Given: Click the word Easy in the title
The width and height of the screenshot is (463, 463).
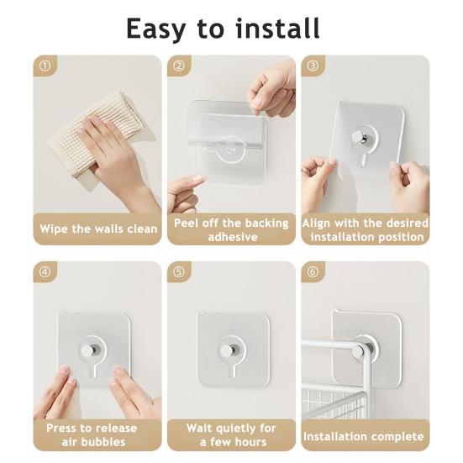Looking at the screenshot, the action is click(156, 29).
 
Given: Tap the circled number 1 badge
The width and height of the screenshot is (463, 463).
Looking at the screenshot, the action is click(45, 66).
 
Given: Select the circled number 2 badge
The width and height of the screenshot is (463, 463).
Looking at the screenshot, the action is click(179, 66).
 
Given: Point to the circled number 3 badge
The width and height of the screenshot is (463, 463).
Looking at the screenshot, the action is click(313, 66).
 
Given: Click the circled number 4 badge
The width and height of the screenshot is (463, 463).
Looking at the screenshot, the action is click(45, 271).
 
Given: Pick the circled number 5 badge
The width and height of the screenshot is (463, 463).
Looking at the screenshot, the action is click(179, 271).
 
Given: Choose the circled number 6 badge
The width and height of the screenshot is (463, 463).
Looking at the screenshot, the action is click(313, 271).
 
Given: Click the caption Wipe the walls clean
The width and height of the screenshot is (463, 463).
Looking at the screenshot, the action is click(98, 229).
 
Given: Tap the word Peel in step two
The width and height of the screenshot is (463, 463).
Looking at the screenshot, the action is click(186, 223).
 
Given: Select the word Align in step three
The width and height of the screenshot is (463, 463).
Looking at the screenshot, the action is click(316, 224).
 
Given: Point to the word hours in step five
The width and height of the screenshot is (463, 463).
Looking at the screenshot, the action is click(250, 442).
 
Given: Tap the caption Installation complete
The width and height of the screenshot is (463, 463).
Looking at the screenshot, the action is click(364, 436).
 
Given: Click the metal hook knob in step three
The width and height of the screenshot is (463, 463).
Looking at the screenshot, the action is click(360, 138).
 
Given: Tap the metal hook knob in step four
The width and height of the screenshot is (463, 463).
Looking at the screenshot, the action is click(89, 350).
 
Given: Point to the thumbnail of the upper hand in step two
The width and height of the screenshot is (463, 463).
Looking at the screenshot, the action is click(257, 103).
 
